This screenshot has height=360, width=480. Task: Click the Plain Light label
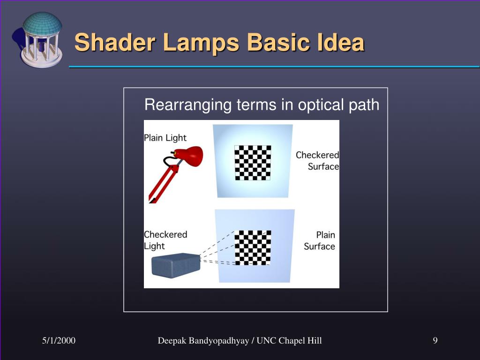[x=165, y=138]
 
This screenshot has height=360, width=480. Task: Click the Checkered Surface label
[x=318, y=160]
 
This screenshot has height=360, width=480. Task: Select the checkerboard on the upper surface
[x=253, y=163]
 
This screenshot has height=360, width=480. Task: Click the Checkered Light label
[x=165, y=240]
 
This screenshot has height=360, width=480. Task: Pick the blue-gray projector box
[x=176, y=265]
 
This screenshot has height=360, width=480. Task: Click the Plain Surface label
[x=320, y=240]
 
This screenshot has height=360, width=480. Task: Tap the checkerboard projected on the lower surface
[x=253, y=247]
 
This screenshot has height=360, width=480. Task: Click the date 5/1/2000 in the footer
[x=59, y=341]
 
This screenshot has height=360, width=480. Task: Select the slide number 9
[x=435, y=341]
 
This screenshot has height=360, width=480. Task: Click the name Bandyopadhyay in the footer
[x=220, y=341]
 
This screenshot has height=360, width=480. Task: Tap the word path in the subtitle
[x=364, y=105]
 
